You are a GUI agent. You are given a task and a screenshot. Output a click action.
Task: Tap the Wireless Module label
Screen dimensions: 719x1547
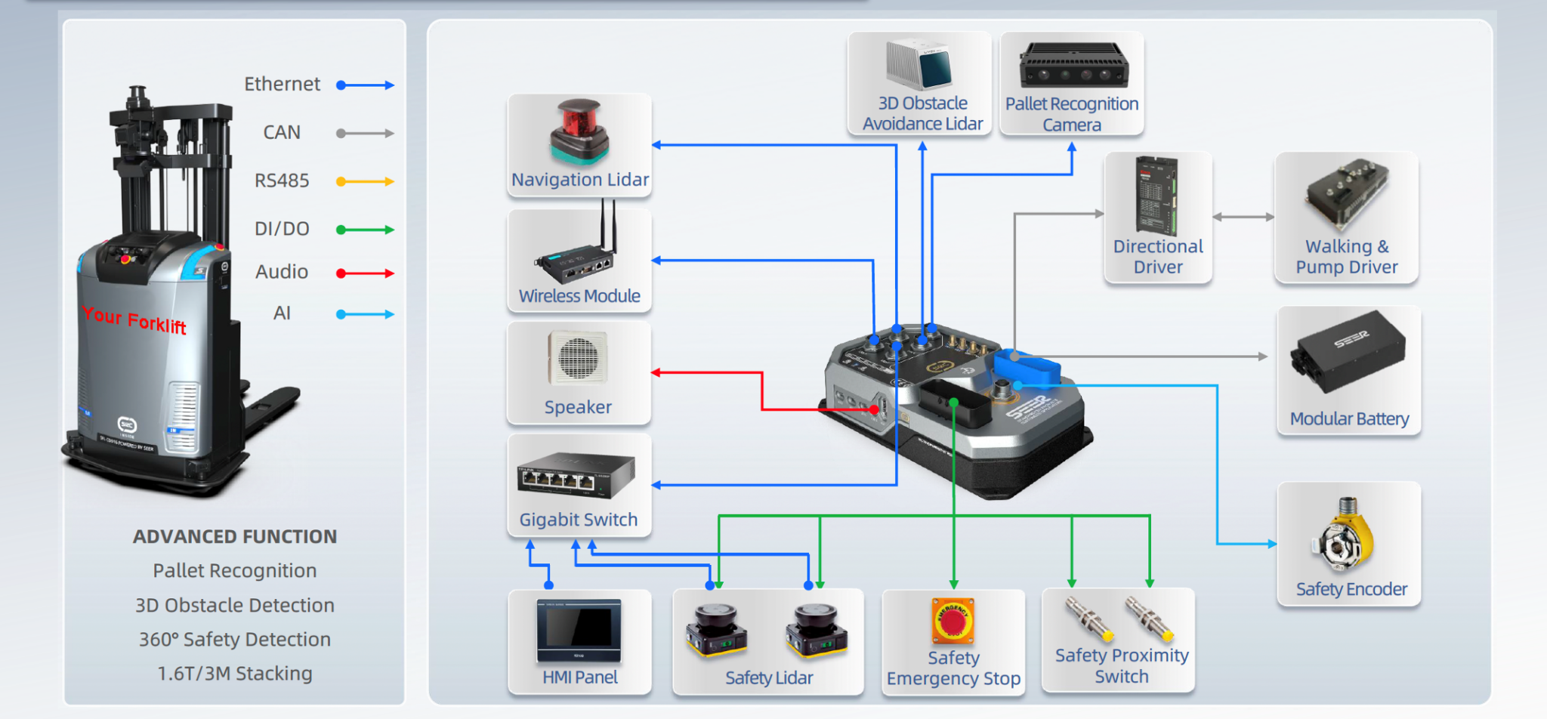(x=579, y=296)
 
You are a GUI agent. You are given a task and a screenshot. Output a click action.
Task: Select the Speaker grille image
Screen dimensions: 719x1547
(x=578, y=357)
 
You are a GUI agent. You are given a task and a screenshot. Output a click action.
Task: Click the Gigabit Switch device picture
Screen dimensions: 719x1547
(x=576, y=475)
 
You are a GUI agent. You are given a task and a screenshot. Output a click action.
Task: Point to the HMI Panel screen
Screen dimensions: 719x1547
(x=579, y=628)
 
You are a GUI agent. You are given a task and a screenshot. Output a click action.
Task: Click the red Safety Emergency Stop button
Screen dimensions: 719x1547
(x=953, y=620)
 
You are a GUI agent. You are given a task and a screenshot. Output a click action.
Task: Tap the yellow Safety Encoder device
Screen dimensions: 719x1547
(x=1347, y=538)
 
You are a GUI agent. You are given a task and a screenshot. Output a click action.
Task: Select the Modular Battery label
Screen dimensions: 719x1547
(x=1349, y=419)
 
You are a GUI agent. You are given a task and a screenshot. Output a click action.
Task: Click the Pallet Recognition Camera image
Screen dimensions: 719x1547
(x=1073, y=67)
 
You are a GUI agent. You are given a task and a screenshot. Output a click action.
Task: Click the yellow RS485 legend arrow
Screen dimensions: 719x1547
(x=366, y=181)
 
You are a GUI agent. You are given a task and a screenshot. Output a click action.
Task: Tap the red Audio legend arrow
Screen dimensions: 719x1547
(x=366, y=273)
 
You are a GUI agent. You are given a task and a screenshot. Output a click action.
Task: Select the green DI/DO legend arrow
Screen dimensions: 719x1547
(x=366, y=230)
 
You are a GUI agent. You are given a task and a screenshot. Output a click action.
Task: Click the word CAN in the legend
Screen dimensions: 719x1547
(x=282, y=133)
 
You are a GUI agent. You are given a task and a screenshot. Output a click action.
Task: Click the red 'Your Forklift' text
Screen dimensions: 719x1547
(x=134, y=320)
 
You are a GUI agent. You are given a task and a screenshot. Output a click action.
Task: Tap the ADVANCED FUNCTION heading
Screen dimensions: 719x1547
(x=235, y=537)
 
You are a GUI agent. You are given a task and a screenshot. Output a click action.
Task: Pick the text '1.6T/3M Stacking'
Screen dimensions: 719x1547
(x=235, y=674)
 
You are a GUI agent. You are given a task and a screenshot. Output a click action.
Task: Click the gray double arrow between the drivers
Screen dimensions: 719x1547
(x=1243, y=217)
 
